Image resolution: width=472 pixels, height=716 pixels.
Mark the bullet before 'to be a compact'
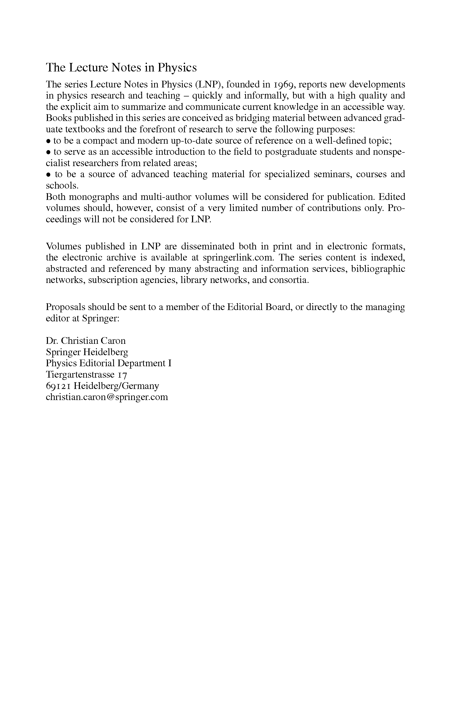(x=48, y=141)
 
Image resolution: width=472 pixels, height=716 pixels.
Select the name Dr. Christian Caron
(x=86, y=341)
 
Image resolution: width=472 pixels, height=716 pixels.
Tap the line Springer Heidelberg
(x=87, y=352)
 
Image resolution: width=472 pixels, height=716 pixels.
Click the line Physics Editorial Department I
(x=109, y=363)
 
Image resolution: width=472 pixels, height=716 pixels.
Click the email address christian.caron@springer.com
(x=107, y=397)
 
